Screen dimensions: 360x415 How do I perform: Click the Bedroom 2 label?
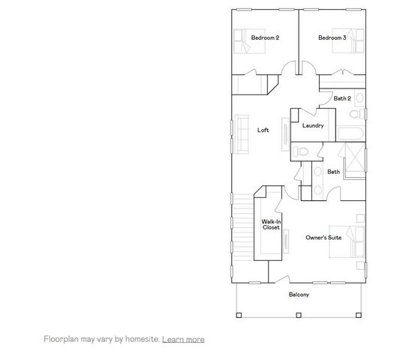pos(265,37)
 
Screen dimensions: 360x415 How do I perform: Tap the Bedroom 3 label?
pos(331,37)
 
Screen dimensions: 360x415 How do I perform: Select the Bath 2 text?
pos(342,98)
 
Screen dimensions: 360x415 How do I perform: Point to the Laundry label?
pos(312,125)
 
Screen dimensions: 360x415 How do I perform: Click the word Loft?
pos(263,130)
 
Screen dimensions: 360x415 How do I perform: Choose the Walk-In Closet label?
pos(271,224)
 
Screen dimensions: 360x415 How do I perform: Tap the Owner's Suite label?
pos(323,237)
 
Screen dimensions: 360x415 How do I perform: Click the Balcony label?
pos(299,295)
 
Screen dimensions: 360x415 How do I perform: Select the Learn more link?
pos(183,339)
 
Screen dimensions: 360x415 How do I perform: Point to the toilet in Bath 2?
pos(357,113)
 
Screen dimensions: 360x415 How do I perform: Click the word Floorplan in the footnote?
pos(61,339)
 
